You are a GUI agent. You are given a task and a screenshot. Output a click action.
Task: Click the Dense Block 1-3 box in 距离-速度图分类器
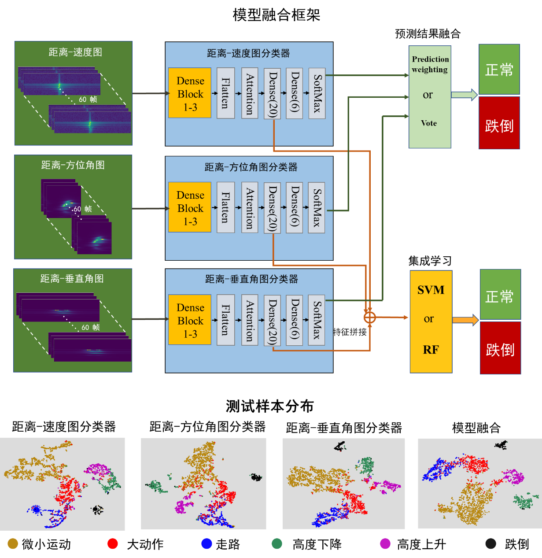[190, 93]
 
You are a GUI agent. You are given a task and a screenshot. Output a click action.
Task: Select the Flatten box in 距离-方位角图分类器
[225, 207]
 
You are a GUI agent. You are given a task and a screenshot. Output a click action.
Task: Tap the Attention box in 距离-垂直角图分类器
[250, 320]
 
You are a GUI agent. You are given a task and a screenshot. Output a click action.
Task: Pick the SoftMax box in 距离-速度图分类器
[317, 93]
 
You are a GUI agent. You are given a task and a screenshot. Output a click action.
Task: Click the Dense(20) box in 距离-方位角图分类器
[273, 208]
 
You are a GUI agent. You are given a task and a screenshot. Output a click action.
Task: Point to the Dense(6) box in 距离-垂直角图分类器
[295, 320]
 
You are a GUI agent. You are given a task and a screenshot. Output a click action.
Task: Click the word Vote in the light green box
[429, 123]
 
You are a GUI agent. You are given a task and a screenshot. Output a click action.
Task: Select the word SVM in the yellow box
[431, 290]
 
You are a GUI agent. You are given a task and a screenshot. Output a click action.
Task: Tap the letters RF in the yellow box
[431, 350]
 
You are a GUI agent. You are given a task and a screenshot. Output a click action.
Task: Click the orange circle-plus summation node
[369, 317]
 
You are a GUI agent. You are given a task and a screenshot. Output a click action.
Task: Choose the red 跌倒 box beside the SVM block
[500, 348]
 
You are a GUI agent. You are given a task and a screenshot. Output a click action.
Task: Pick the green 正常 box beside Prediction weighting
[499, 70]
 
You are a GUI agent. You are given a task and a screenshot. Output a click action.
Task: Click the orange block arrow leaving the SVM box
[465, 320]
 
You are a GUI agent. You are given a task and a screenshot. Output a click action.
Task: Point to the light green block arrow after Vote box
[464, 95]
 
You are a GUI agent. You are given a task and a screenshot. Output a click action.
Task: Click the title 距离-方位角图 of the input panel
[73, 165]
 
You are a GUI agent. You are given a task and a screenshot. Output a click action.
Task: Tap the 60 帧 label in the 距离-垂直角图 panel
[91, 328]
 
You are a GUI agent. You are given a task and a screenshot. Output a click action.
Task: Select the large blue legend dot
[206, 543]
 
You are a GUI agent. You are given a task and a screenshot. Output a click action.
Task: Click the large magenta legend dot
[385, 543]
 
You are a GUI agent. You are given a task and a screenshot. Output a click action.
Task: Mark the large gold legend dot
[13, 543]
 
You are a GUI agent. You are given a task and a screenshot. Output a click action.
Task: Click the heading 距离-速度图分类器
[248, 54]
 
